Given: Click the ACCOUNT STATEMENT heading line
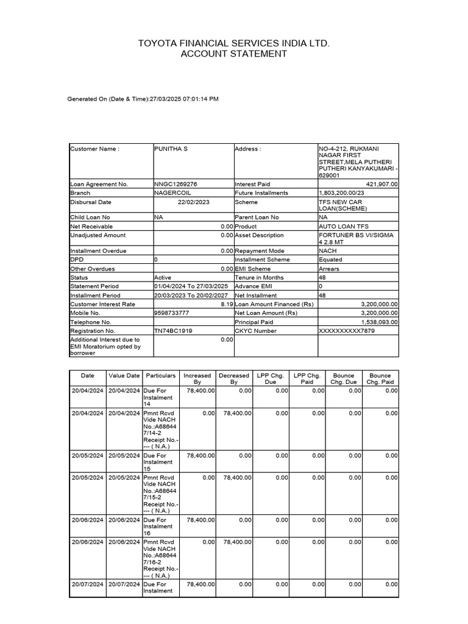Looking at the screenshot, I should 234,54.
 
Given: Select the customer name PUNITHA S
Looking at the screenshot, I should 171,149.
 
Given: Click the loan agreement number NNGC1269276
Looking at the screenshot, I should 175,184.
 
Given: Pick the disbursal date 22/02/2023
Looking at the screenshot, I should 193,202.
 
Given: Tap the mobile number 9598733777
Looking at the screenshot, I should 172,313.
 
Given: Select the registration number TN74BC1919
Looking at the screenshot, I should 174,331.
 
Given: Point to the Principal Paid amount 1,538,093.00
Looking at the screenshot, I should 374,322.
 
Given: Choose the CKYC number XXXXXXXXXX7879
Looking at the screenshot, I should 347,331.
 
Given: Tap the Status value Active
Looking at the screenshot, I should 163,277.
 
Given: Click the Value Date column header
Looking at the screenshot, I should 124,375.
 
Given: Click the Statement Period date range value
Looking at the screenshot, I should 191,286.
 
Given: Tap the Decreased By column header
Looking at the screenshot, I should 234,378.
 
